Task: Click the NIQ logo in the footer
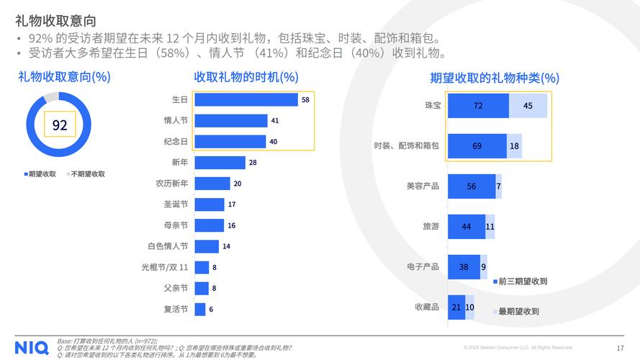pyautogui.click(x=31, y=347)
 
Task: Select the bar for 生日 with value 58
pyautogui.click(x=245, y=100)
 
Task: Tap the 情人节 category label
pyautogui.click(x=176, y=121)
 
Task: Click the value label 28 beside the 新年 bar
pyautogui.click(x=253, y=163)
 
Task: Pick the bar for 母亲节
pyautogui.click(x=209, y=225)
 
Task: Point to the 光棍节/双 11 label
pyautogui.click(x=164, y=267)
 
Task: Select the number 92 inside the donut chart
pyautogui.click(x=60, y=125)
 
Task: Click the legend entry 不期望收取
pyautogui.click(x=86, y=174)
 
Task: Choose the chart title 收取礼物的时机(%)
pyautogui.click(x=245, y=77)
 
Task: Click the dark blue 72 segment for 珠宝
pyautogui.click(x=478, y=106)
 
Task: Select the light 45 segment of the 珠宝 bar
pyautogui.click(x=528, y=106)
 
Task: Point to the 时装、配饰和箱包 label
pyautogui.click(x=406, y=146)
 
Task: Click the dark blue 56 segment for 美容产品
pyautogui.click(x=472, y=186)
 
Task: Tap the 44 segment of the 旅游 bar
pyautogui.click(x=467, y=227)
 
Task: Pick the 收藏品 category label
pyautogui.click(x=426, y=307)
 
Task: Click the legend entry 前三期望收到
pyautogui.click(x=520, y=282)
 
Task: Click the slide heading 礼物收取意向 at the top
pyautogui.click(x=55, y=21)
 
